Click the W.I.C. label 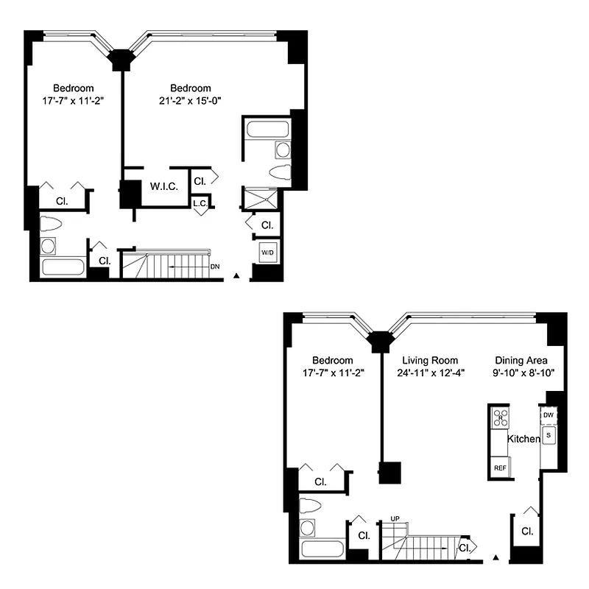pos(164,186)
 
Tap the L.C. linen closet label pos(199,203)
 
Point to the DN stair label pos(214,266)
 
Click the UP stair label pos(395,519)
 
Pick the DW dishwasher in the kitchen pos(549,415)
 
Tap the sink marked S pos(549,435)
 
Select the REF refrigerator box pos(500,468)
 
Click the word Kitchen pos(523,439)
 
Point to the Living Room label pos(430,360)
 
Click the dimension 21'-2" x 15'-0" pos(190,101)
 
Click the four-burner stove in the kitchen pos(500,417)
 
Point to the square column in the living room pos(389,472)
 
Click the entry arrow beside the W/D pos(236,275)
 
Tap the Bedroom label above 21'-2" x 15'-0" pos(190,88)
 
